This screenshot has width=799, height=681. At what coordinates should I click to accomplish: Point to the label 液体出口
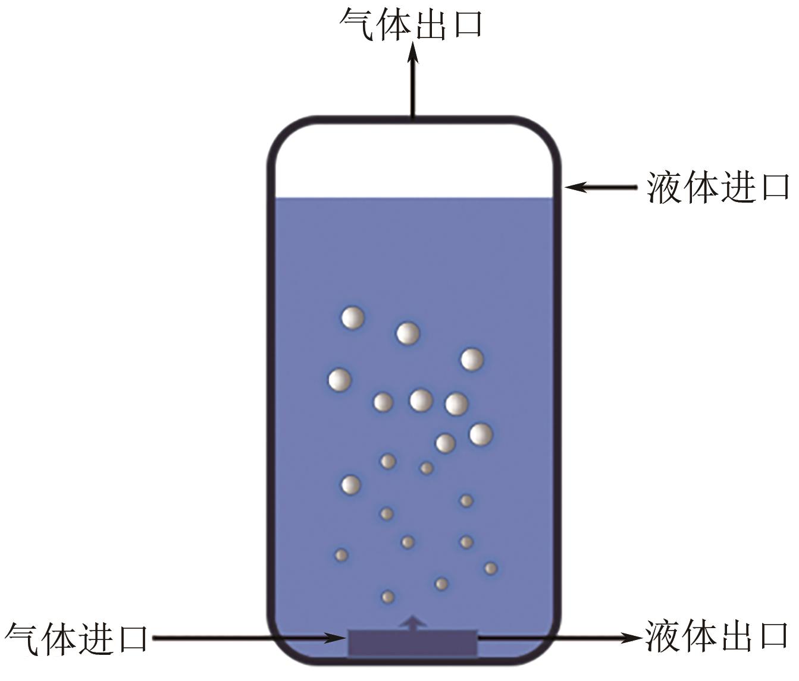coord(717,636)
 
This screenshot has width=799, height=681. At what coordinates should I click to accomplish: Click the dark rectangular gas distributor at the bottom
coord(412,644)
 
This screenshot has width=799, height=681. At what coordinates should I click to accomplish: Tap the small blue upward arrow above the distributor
coord(412,622)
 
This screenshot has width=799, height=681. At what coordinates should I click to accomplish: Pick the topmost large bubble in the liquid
coord(352,318)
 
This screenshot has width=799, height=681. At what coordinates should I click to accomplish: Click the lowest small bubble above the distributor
coord(387,597)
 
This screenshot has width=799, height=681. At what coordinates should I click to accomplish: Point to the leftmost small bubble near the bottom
coord(341,555)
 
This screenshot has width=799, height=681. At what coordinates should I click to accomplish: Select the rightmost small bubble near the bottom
coord(490,568)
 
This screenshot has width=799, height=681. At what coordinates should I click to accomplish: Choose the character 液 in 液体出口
coord(663,636)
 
